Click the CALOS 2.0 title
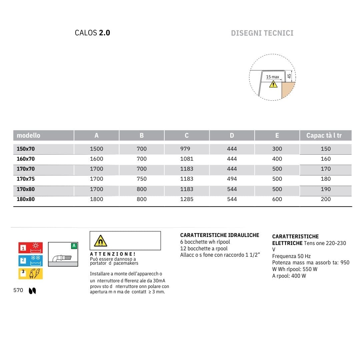point(92,33)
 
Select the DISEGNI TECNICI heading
point(262,33)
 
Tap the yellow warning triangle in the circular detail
point(273,84)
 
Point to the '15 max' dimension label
point(272,77)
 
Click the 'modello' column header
point(28,135)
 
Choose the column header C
point(187,135)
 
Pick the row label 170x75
point(26,179)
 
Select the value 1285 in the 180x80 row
point(187,199)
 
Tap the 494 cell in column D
point(232,179)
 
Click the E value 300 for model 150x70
point(277,149)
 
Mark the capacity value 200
point(326,199)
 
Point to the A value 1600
point(97,159)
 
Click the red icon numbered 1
point(31,248)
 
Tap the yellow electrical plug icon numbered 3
point(31,274)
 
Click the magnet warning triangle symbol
point(100,241)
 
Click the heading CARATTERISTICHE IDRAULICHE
point(219,235)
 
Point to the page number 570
point(18,290)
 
